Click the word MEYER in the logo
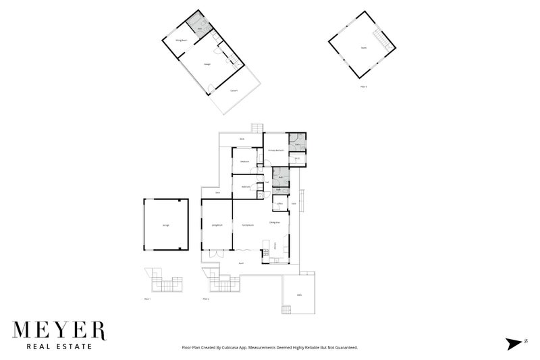[x=59, y=331]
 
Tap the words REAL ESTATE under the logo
[x=59, y=347]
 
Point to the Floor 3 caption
[x=363, y=86]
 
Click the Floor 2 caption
[x=206, y=297]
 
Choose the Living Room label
[x=217, y=224]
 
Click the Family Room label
[x=248, y=224]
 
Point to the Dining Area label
[x=275, y=222]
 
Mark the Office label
[x=279, y=203]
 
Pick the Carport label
[x=234, y=90]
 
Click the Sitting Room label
[x=181, y=41]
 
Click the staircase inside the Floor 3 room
[x=385, y=42]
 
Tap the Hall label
[x=267, y=182]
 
